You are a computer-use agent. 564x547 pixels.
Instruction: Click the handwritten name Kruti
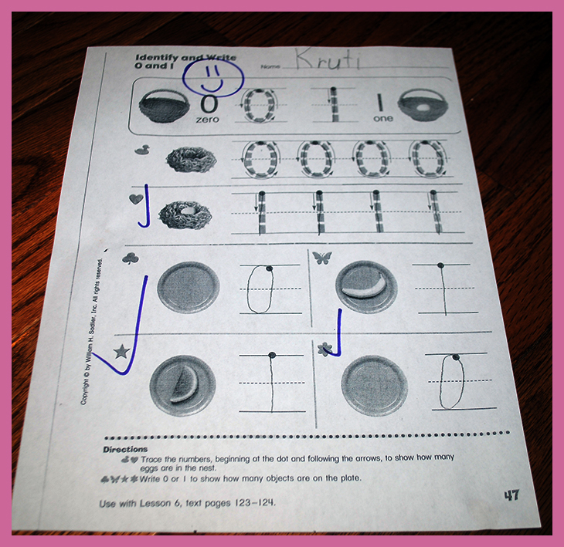328,59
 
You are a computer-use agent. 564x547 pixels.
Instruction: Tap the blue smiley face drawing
213,78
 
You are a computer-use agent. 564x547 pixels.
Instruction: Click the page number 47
511,495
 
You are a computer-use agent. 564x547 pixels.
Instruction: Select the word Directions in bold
125,449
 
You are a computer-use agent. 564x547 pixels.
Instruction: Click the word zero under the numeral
208,120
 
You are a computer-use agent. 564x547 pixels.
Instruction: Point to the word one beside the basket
383,119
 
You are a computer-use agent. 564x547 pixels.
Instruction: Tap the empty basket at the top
164,106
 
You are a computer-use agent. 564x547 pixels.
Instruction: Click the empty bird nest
191,160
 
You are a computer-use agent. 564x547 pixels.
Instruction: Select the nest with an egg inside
185,214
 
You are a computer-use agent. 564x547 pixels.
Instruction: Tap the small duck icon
142,150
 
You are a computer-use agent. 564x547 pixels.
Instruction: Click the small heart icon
136,199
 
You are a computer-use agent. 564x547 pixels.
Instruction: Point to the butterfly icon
322,257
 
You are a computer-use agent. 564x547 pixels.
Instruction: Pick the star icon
122,352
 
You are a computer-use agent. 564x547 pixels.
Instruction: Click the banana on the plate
364,286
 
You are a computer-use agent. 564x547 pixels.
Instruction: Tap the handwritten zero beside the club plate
260,289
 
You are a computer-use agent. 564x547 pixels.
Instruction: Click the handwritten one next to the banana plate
443,289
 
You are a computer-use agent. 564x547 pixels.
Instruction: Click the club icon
131,258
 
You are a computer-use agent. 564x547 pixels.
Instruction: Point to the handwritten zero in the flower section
452,381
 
